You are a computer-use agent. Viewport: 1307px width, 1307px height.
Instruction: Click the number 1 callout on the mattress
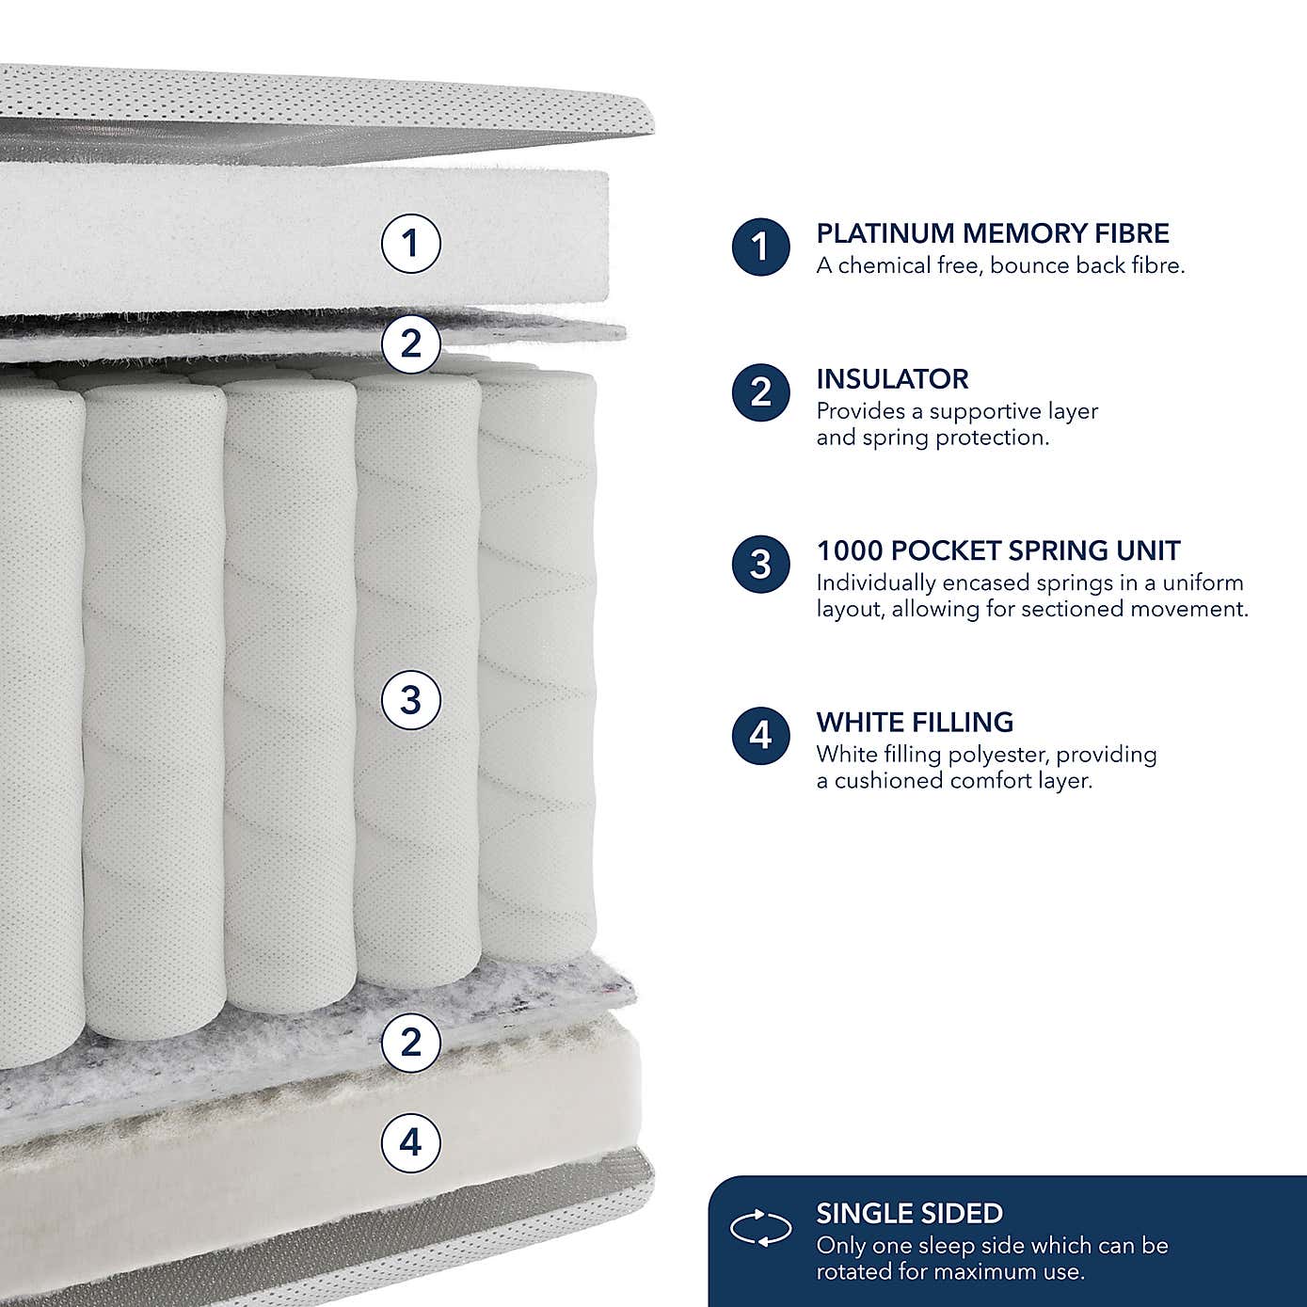[410, 244]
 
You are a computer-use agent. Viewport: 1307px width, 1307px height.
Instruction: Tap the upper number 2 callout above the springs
[410, 343]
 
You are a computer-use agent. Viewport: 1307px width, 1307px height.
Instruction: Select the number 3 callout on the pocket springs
[410, 700]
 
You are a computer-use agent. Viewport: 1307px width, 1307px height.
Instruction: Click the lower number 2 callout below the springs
[410, 1043]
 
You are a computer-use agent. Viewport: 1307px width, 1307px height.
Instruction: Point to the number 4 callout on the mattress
[410, 1142]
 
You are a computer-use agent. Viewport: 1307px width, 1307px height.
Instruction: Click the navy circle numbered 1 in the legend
[760, 247]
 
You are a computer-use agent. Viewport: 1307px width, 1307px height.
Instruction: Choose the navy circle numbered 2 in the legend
[760, 392]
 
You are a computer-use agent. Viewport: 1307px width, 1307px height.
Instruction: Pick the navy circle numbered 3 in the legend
[760, 565]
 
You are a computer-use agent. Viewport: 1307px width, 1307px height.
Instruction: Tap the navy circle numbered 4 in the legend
[760, 735]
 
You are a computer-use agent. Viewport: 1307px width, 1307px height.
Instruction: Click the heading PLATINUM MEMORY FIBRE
[993, 233]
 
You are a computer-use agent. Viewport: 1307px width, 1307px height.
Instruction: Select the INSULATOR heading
[892, 379]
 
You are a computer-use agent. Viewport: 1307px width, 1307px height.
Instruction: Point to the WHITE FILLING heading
[915, 723]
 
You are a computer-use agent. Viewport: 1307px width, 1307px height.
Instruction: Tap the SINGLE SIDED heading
[909, 1214]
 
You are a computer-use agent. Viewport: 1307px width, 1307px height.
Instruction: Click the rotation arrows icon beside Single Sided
[760, 1229]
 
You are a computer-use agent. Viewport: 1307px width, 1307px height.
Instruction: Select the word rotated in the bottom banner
[851, 1272]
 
